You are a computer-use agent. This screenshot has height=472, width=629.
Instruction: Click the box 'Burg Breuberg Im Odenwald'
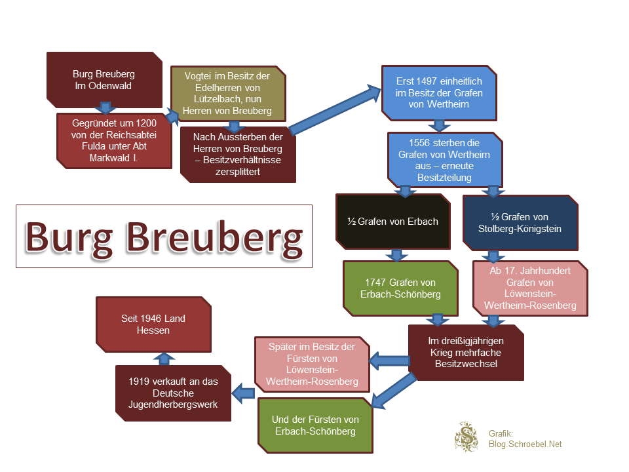pos(104,79)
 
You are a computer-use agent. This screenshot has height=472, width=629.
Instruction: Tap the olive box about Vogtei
pos(228,93)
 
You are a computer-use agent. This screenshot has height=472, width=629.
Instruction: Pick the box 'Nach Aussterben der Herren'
pos(238,154)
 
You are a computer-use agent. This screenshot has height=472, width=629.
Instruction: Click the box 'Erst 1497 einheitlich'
pos(439,92)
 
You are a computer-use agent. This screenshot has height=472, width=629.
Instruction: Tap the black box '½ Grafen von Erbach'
pos(392,222)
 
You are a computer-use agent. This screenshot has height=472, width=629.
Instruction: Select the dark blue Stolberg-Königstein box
pos(520,223)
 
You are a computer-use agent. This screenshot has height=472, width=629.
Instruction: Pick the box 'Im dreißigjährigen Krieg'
pos(466,352)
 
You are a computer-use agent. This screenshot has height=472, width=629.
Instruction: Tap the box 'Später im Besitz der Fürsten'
pos(312,364)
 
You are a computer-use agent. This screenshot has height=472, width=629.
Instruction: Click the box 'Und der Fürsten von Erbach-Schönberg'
pos(314,425)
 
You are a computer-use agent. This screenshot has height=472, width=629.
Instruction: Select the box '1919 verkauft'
pos(173,393)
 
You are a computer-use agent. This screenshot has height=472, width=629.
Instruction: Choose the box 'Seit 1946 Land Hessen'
pos(153,324)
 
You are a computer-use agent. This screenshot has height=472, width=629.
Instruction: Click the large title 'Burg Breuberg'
pos(164,236)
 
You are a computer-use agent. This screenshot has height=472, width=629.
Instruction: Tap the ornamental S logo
pos(467,437)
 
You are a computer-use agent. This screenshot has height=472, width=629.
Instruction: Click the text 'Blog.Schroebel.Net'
pos(525,444)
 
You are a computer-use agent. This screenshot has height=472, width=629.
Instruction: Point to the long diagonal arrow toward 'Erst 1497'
pos(334,110)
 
